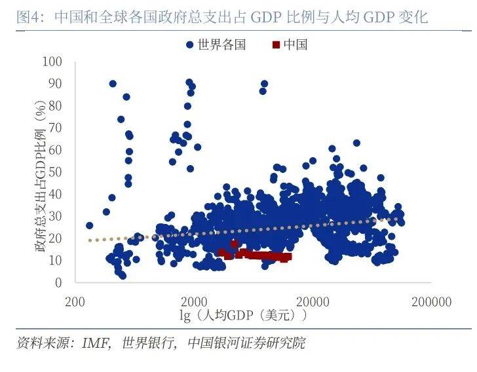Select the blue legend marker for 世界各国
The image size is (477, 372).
[x=189, y=45]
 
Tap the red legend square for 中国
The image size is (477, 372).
[x=276, y=45]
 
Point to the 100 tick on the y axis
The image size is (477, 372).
[x=52, y=62]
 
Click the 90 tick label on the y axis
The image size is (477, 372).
[x=54, y=84]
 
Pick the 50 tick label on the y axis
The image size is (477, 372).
[x=54, y=172]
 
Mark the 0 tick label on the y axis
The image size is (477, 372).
[x=58, y=282]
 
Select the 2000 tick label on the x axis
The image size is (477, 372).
[x=193, y=301]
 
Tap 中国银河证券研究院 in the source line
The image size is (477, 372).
[x=246, y=343]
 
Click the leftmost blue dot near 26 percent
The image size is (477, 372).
[x=89, y=225]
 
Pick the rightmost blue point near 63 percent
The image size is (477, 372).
[x=356, y=143]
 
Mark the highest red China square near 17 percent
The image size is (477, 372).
[x=235, y=244]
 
